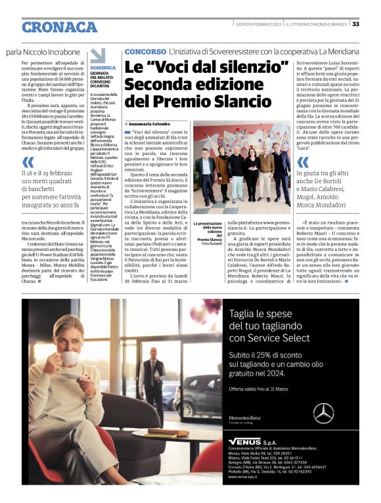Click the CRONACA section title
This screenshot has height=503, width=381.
click(x=59, y=27)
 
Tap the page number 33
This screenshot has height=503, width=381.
click(x=355, y=24)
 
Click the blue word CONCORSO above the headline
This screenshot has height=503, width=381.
click(x=145, y=51)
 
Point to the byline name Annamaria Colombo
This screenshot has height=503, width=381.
click(x=150, y=123)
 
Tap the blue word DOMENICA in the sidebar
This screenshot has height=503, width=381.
click(x=102, y=68)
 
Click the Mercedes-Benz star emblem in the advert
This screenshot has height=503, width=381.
click(x=323, y=413)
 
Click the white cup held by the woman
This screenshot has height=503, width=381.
click(x=68, y=358)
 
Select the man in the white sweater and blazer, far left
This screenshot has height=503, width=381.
click(x=206, y=174)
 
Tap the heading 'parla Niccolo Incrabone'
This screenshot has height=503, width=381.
click(x=43, y=51)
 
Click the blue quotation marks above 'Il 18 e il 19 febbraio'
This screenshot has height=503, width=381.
click(x=28, y=161)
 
